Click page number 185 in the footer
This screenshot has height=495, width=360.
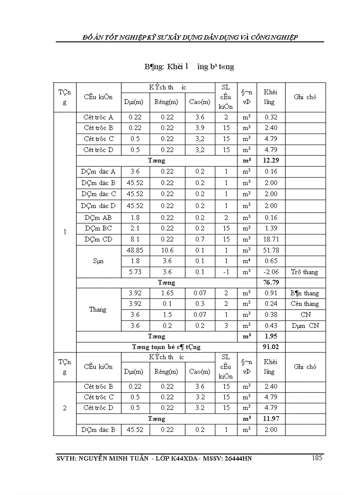click(316, 458)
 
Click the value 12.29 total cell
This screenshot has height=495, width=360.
click(271, 160)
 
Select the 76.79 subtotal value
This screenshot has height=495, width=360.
click(271, 283)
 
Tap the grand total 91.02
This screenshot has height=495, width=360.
click(271, 347)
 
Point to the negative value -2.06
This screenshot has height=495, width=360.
click(271, 272)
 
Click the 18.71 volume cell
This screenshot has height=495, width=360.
click(271, 239)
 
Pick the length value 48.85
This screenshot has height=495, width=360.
click(135, 250)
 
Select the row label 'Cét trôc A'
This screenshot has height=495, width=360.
click(98, 117)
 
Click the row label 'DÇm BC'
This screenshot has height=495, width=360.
click(98, 228)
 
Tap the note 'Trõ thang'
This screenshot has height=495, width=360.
click(305, 272)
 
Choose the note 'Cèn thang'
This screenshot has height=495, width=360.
click(305, 304)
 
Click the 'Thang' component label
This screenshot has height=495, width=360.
click(98, 309)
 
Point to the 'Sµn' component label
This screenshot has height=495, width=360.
click(98, 261)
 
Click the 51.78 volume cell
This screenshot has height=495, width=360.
click(271, 250)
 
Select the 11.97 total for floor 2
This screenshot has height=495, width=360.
click(271, 419)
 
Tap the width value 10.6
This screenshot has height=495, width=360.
click(167, 250)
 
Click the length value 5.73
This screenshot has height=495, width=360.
click(135, 272)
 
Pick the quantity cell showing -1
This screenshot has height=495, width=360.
click(226, 272)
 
